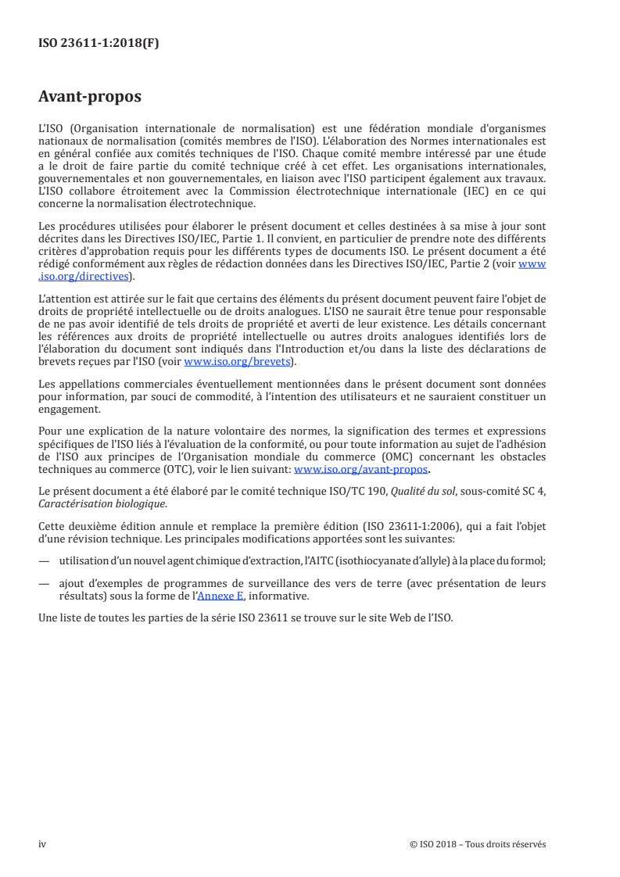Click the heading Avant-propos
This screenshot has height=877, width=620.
pos(90,98)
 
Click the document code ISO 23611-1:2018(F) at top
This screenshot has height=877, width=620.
pos(99,44)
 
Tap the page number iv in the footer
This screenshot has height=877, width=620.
pos(42,844)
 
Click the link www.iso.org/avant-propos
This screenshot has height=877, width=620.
pos(360,470)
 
